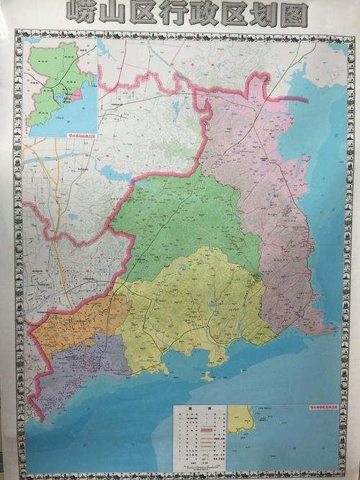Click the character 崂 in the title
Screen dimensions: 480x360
pyautogui.click(x=81, y=12)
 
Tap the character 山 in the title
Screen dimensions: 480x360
pyautogui.click(x=114, y=12)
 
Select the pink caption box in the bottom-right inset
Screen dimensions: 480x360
pyautogui.click(x=317, y=408)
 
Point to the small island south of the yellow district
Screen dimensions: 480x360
pyautogui.click(x=207, y=375)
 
